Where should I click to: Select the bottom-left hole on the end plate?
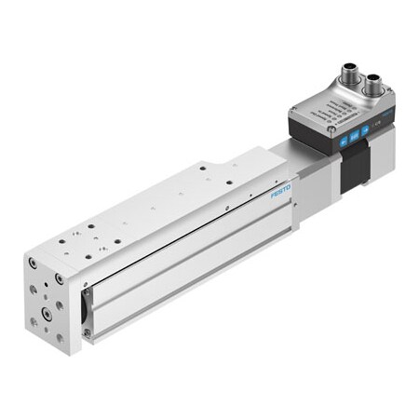pyautogui.click(x=34, y=322)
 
